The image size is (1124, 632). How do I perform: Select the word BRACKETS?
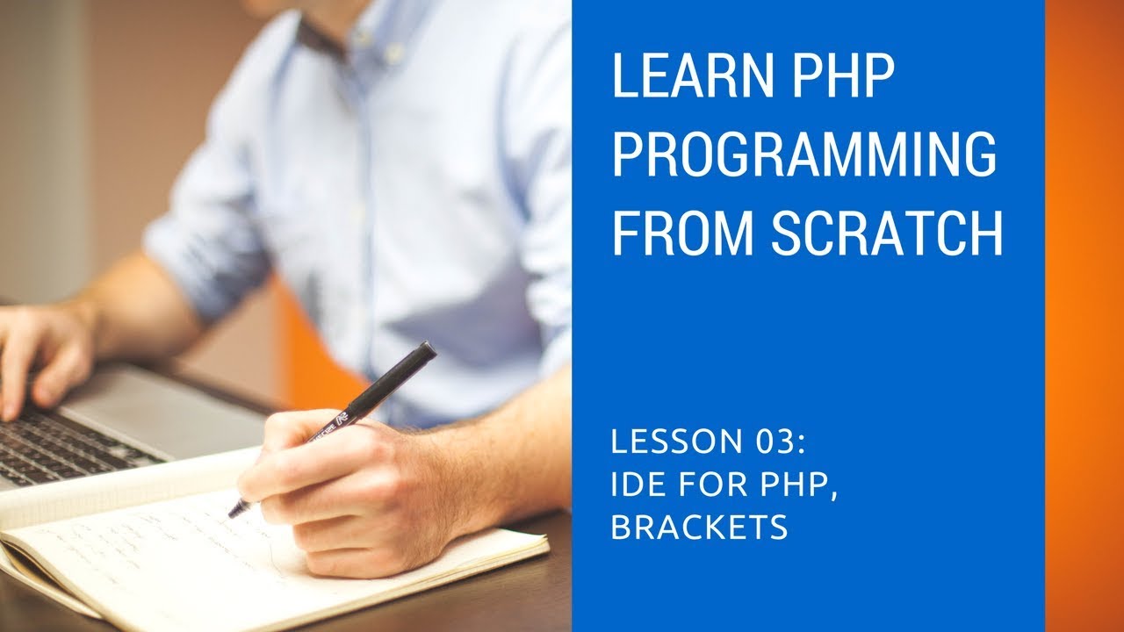[699, 528]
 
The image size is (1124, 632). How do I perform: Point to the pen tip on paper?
[234, 512]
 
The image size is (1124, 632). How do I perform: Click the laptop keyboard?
[70, 443]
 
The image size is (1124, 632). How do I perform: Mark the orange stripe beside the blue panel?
[1084, 316]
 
